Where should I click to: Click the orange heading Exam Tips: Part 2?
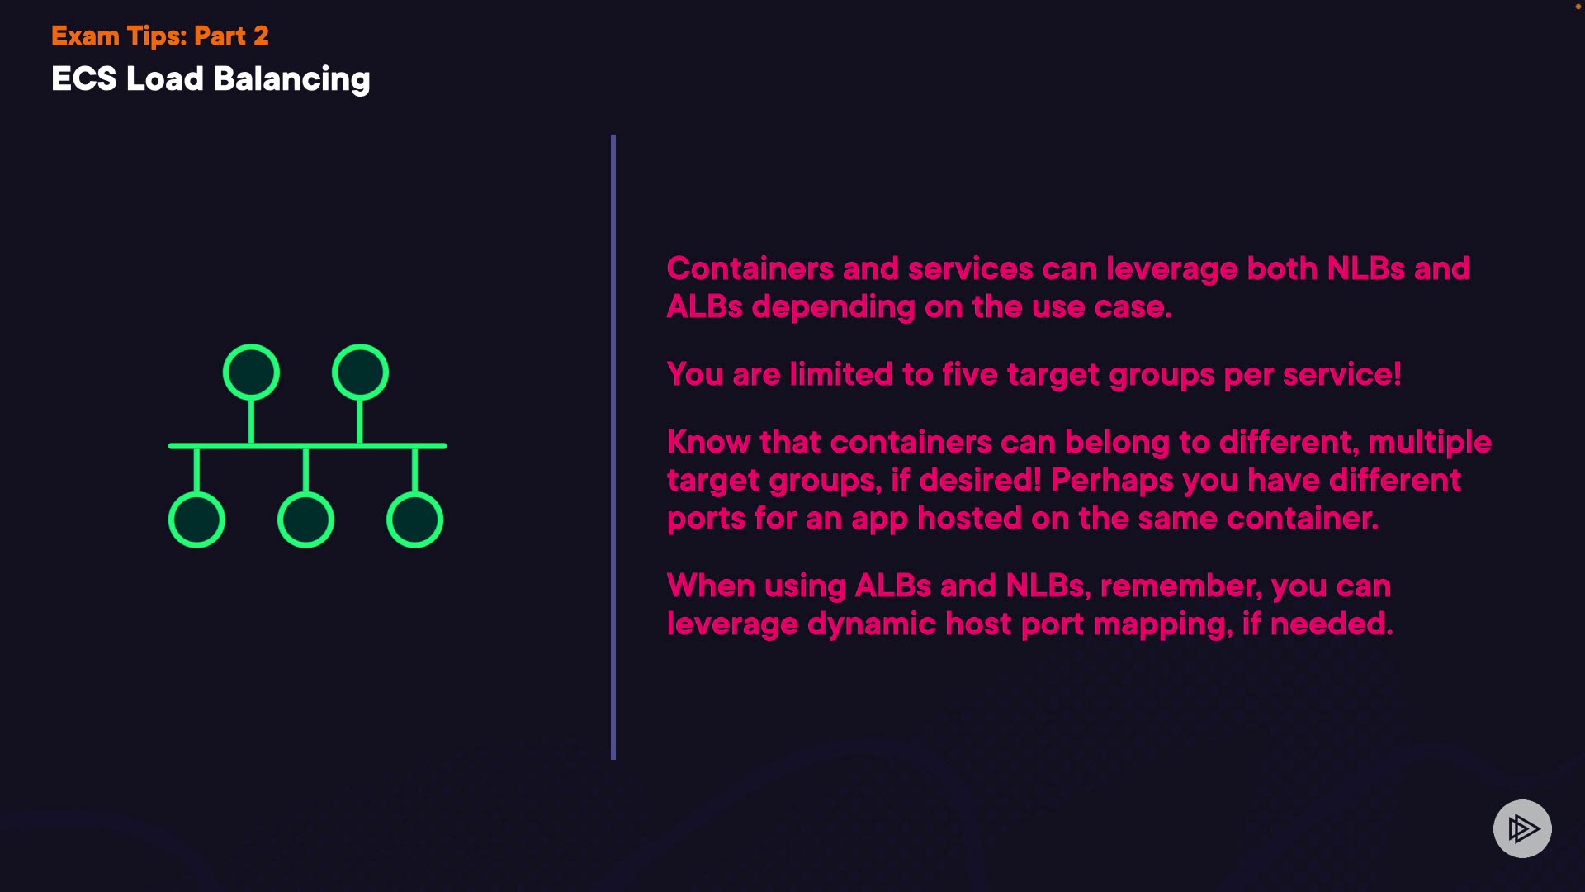pos(160,36)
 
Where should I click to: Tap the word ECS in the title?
pos(84,79)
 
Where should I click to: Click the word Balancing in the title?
pos(291,80)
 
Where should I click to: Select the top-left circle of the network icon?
pos(251,372)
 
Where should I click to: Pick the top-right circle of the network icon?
pos(360,372)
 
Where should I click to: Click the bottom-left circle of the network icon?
pos(196,520)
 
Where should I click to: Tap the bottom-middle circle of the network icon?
pos(305,520)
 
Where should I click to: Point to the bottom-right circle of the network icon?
pos(414,520)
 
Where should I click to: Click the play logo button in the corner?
pos(1522,828)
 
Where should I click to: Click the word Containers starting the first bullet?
pos(750,268)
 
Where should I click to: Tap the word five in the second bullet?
pos(970,374)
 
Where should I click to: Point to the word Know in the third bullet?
pos(708,442)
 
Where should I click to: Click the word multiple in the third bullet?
pos(1430,443)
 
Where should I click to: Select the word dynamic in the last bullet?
pos(871,624)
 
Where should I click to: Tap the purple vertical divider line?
pos(613,447)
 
